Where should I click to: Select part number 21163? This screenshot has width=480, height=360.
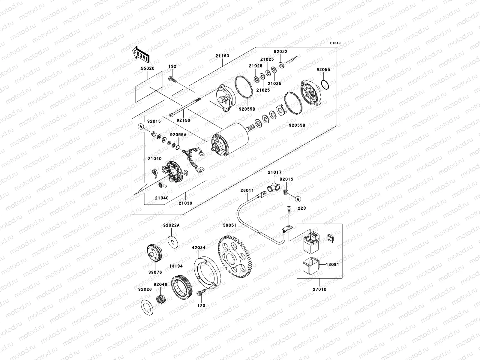click(222, 56)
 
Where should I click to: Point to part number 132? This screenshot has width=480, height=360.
click(172, 67)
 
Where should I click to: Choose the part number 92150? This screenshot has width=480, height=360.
click(183, 120)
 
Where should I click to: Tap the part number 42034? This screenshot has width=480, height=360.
click(199, 248)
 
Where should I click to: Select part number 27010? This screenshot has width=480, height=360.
click(320, 289)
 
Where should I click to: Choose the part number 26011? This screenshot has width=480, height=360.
click(247, 190)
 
